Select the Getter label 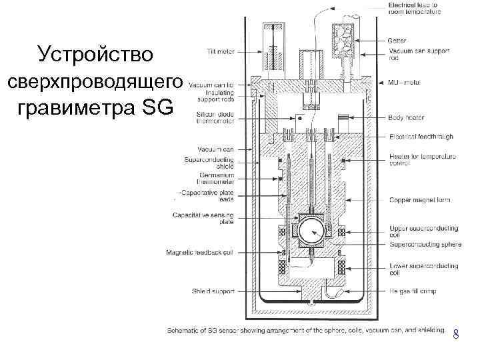click(x=397, y=41)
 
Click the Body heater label click(x=407, y=118)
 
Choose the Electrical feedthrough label click(x=421, y=137)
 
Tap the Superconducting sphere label click(x=425, y=245)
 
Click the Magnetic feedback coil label click(x=201, y=252)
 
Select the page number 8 click(x=455, y=335)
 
